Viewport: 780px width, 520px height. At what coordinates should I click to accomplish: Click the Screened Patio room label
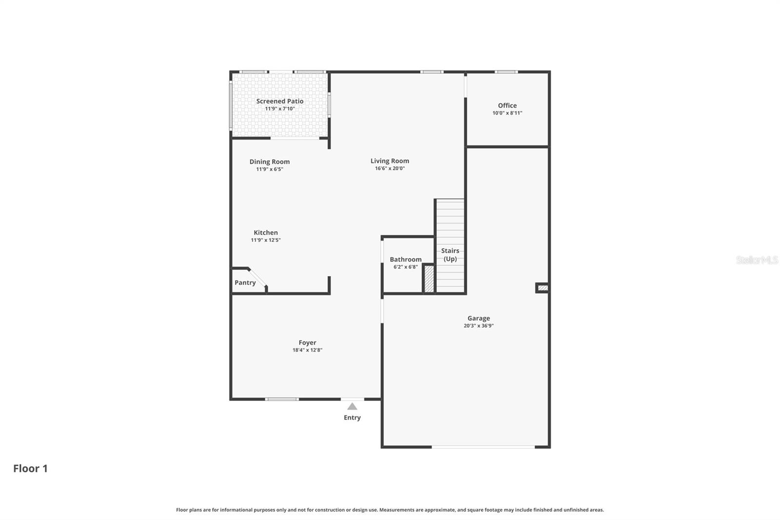point(280,101)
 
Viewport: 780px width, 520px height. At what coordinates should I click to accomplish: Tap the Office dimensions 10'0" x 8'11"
point(507,113)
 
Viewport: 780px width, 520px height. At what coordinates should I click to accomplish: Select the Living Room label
point(390,160)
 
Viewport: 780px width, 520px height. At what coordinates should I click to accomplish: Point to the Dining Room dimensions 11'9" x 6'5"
point(270,169)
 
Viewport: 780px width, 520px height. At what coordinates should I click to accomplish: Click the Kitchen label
point(266,233)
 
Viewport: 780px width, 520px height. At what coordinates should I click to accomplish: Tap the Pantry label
point(245,282)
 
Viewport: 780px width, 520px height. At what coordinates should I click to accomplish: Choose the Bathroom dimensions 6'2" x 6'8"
point(405,267)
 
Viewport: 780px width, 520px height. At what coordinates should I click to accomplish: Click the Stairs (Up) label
point(450,255)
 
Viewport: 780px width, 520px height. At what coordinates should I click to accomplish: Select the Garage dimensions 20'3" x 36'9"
point(478,326)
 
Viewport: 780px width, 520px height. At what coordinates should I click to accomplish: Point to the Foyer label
point(307,342)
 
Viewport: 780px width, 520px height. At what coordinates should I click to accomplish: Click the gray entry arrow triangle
point(352,406)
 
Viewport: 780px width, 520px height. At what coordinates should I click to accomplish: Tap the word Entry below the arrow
point(352,418)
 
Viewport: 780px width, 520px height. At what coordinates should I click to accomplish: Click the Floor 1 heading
point(30,468)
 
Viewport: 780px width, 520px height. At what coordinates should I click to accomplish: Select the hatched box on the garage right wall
point(543,288)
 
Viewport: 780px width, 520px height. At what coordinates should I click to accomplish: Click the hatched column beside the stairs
point(429,279)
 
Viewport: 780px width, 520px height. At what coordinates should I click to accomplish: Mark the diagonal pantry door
point(258,278)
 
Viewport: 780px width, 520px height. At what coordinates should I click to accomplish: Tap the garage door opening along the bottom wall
point(483,447)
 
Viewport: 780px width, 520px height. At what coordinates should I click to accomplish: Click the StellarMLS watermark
point(757,260)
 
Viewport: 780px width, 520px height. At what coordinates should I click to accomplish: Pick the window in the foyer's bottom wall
point(282,399)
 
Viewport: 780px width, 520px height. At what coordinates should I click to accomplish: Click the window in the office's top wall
point(507,72)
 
